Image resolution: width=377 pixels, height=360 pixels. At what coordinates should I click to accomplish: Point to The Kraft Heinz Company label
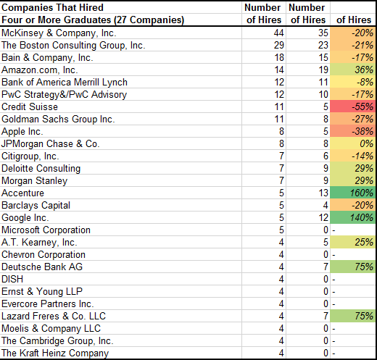tap(55, 353)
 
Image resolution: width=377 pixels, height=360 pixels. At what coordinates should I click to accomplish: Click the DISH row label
tap(13, 280)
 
